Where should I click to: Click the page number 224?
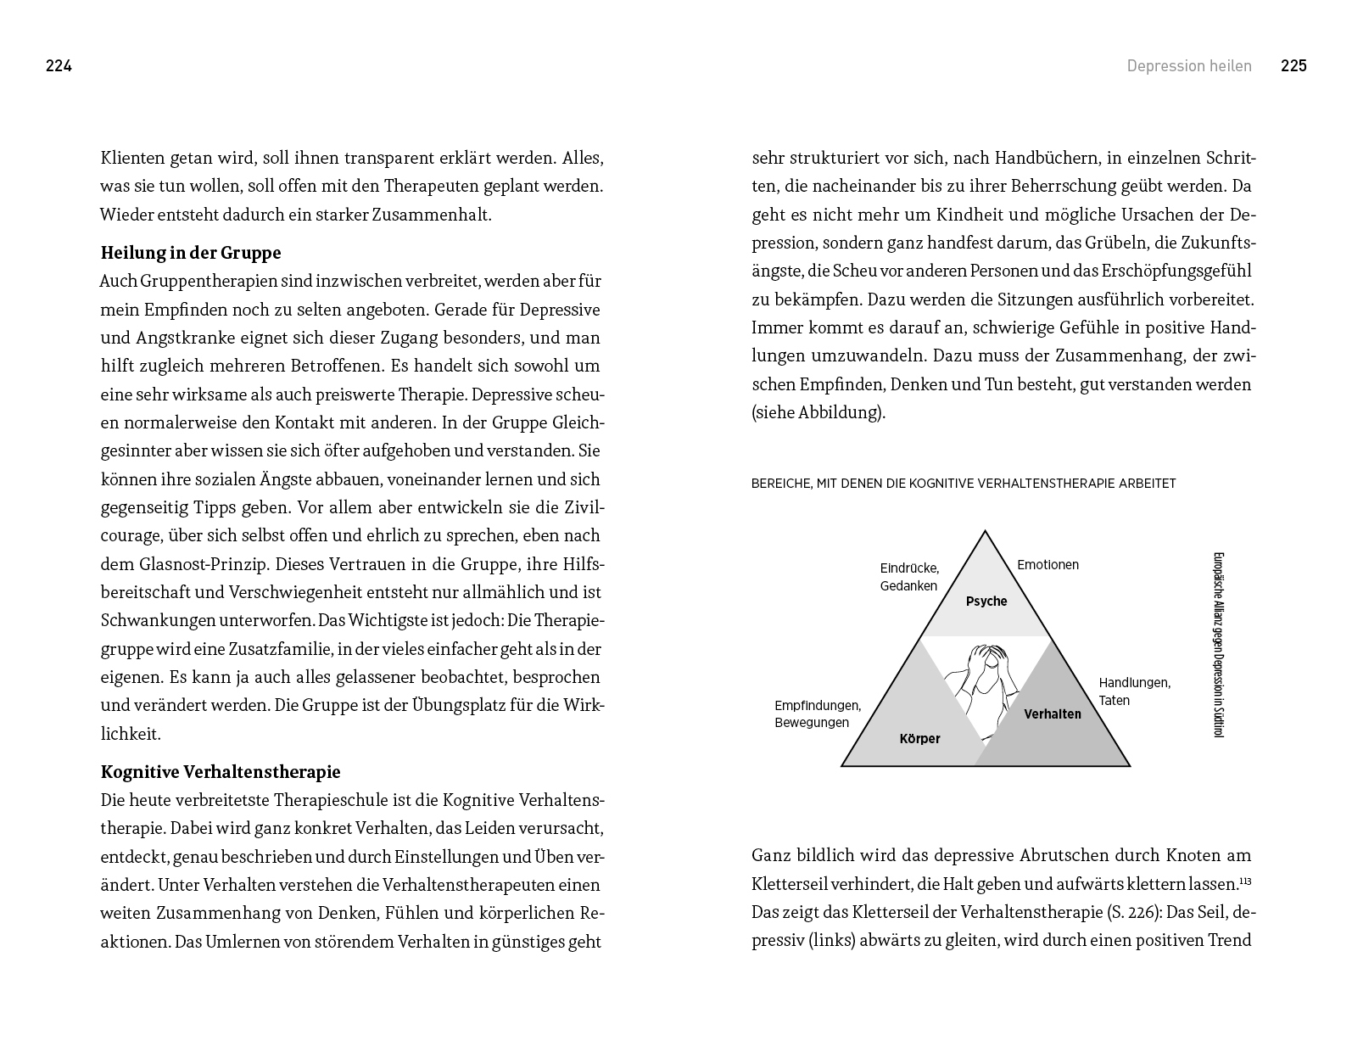click(59, 66)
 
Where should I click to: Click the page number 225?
click(1293, 66)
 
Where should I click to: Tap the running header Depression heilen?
click(1188, 66)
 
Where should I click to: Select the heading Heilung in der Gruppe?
click(190, 253)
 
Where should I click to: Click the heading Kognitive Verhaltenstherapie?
click(220, 772)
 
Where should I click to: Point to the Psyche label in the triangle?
click(986, 602)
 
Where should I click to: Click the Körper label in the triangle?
click(919, 739)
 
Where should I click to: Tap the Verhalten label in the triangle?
click(1052, 714)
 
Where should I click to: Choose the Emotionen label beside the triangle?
click(1048, 565)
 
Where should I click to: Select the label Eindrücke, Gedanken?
click(909, 577)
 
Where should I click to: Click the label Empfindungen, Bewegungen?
click(817, 714)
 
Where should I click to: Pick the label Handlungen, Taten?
click(1134, 691)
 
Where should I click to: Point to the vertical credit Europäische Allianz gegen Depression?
click(1219, 645)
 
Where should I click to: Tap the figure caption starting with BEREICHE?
click(963, 484)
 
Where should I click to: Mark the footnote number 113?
click(1245, 881)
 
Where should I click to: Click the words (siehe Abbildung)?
click(818, 413)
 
